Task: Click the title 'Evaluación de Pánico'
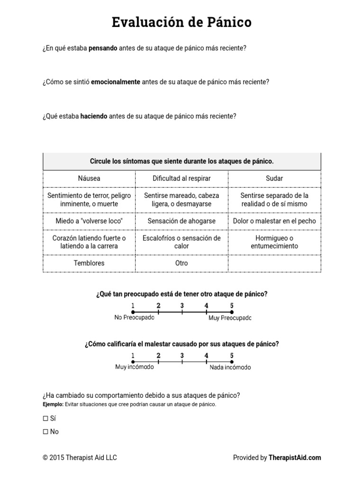click(x=182, y=22)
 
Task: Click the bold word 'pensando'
click(x=103, y=48)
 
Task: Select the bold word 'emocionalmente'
click(x=115, y=82)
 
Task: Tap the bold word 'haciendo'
click(x=94, y=116)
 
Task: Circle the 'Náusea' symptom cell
click(x=89, y=179)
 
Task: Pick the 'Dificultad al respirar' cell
click(x=182, y=179)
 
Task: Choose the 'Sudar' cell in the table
click(x=274, y=179)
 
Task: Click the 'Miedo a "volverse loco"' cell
click(x=89, y=221)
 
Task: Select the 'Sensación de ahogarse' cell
click(x=182, y=221)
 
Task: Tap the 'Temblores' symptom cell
click(x=89, y=263)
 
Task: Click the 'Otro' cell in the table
click(x=182, y=263)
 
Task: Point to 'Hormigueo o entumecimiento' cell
click(x=274, y=242)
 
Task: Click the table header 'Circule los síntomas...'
click(x=182, y=162)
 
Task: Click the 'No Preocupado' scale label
click(x=134, y=318)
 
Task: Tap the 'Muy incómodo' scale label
click(x=134, y=368)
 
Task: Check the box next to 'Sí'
click(x=45, y=419)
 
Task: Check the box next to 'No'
click(x=45, y=432)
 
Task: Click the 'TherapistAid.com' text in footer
click(x=294, y=458)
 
